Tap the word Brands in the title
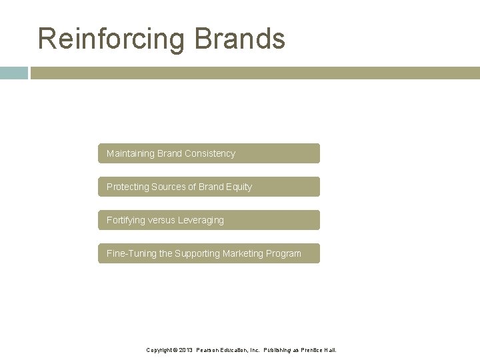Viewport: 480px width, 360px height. pos(240,38)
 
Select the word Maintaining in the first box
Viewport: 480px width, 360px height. pos(131,153)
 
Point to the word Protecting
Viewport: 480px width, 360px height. pos(128,187)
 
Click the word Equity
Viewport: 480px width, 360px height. pos(238,187)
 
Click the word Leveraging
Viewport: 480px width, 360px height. pos(201,220)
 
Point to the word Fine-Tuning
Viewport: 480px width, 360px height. pos(131,253)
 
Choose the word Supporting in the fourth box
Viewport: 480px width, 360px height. pos(198,253)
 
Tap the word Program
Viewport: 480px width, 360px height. pos(285,253)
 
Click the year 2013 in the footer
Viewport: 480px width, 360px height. pos(185,349)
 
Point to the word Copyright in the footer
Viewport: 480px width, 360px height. pos(159,349)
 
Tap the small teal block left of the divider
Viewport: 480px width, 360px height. pos(13,73)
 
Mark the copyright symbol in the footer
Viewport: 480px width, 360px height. pos(175,349)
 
